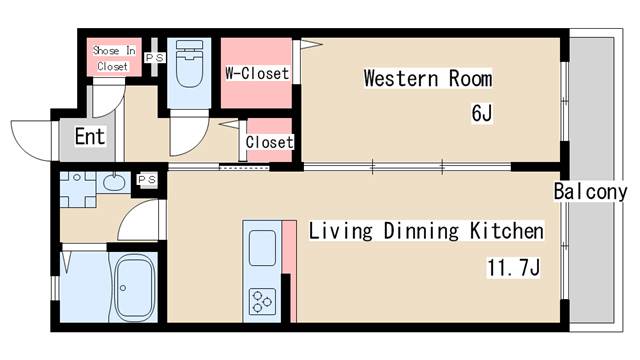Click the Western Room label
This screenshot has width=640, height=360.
click(x=428, y=78)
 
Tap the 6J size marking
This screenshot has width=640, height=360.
click(x=482, y=113)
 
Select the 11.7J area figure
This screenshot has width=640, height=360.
click(x=513, y=268)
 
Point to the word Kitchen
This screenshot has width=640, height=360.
click(x=507, y=231)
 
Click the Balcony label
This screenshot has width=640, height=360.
click(x=590, y=191)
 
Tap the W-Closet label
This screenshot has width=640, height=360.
click(x=257, y=73)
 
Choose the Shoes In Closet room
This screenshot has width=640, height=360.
click(x=114, y=57)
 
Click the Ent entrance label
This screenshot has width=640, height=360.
click(x=90, y=136)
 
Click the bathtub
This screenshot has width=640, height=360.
click(x=134, y=287)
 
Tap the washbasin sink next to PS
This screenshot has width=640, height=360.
click(x=114, y=182)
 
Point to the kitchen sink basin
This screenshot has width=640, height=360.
click(x=262, y=248)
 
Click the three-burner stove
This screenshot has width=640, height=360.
click(x=262, y=302)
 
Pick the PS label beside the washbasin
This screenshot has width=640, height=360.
click(x=147, y=180)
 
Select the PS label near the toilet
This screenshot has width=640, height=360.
click(x=155, y=58)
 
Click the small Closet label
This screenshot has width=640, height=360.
click(x=269, y=142)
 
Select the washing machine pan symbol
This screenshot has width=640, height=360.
click(x=78, y=189)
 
